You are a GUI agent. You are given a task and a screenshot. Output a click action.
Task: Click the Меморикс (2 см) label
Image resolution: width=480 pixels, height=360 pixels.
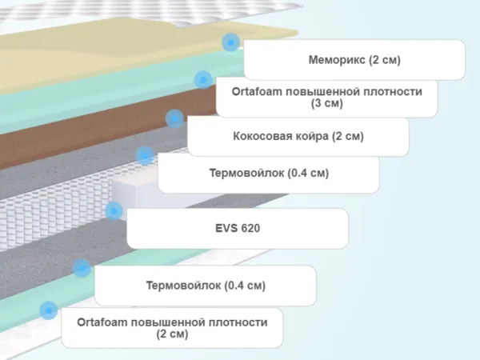point(354,60)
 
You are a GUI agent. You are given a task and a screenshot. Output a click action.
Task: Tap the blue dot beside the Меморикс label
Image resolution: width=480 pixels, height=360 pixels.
point(230,42)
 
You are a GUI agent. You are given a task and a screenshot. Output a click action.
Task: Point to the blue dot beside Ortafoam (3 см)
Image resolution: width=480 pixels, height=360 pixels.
point(202,79)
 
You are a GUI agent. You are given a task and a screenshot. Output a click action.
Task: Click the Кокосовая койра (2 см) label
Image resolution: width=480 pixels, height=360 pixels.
point(298,136)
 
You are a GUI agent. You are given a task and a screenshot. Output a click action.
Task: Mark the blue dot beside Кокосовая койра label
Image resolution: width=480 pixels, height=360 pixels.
point(174,119)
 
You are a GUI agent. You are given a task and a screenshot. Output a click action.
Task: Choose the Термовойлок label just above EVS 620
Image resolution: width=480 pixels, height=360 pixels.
point(268,174)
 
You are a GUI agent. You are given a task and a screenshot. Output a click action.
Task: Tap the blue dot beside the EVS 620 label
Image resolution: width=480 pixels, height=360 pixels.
point(114,211)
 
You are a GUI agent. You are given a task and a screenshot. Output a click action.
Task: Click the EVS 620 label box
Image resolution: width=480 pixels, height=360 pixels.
point(238,229)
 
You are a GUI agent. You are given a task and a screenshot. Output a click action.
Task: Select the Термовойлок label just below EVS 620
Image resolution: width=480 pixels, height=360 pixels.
point(206,286)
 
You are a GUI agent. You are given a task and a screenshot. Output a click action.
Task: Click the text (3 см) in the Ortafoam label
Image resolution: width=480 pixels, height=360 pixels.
point(327,103)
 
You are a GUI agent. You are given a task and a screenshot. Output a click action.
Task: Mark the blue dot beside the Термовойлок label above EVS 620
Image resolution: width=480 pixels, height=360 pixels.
point(145,154)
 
